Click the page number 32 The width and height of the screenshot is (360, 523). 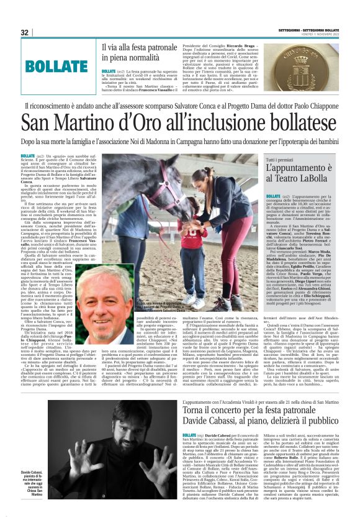[25, 32]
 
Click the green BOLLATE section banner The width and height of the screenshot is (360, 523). [56, 65]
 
